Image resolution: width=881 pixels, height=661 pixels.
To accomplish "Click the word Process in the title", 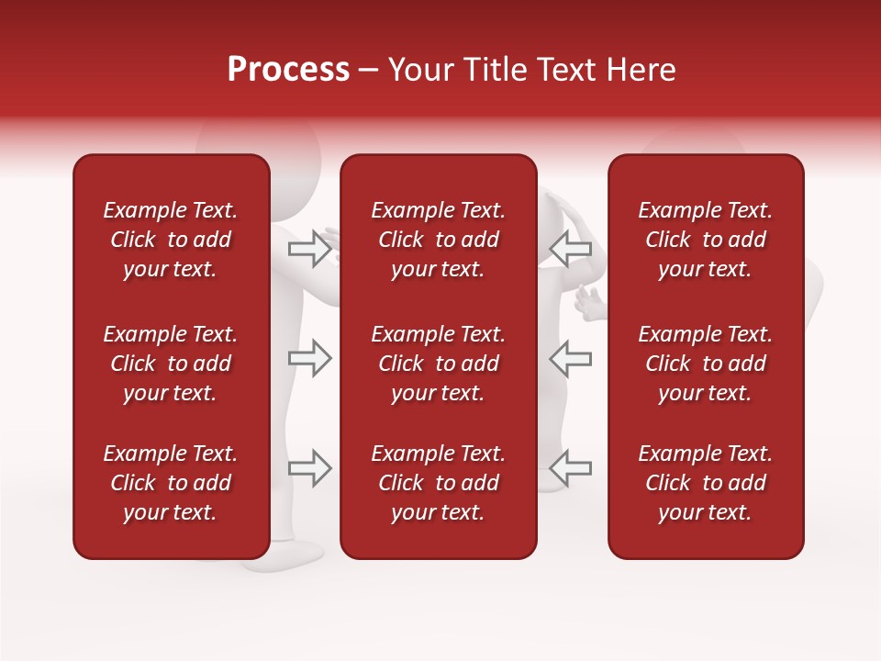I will tap(288, 70).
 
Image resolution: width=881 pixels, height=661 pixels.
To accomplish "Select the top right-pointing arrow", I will tap(309, 249).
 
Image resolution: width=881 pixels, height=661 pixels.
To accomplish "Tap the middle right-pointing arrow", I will tap(309, 358).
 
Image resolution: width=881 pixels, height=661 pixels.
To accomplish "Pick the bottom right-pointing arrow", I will tap(309, 468).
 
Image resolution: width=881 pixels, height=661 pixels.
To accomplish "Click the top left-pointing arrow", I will tap(570, 249).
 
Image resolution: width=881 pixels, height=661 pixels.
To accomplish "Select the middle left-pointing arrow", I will tap(570, 358).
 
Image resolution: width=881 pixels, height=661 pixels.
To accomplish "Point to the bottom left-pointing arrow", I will tap(570, 468).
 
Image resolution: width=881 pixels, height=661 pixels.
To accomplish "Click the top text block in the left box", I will tap(171, 240).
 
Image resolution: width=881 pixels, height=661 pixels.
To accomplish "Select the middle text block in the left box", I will tap(171, 364).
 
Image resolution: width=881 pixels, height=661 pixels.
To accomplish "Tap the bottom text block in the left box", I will tap(171, 483).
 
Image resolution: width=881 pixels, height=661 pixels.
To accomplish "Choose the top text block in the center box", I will tap(438, 240).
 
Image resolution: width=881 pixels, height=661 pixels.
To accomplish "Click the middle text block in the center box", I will tap(438, 364).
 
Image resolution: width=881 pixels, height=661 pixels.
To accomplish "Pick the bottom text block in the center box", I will tap(438, 483).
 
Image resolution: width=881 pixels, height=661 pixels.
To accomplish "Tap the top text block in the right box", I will tap(705, 240).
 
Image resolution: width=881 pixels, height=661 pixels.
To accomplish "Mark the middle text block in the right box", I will tap(705, 364).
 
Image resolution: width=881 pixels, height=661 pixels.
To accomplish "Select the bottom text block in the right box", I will tap(705, 483).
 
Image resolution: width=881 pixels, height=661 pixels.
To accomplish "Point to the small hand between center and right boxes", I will tap(590, 304).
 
